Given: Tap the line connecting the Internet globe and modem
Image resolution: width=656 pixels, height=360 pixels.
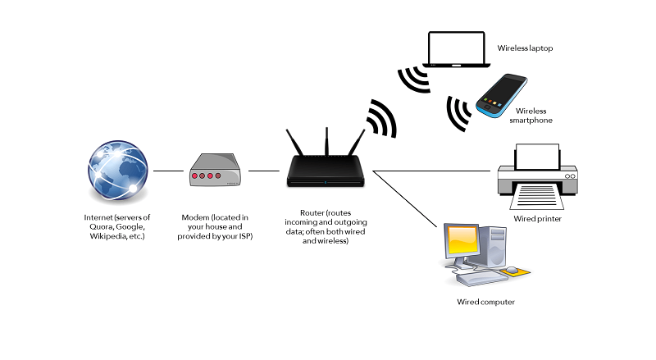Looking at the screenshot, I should [x=167, y=171].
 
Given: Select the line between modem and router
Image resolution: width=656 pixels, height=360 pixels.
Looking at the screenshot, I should [x=264, y=171].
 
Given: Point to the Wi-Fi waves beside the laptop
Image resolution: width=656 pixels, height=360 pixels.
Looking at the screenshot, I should [x=412, y=79].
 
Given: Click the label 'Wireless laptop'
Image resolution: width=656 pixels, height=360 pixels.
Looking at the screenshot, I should [x=526, y=48].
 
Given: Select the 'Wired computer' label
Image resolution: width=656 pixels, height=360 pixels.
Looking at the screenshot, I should [x=485, y=303].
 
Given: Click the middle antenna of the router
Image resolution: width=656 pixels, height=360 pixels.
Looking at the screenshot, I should [x=326, y=144].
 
